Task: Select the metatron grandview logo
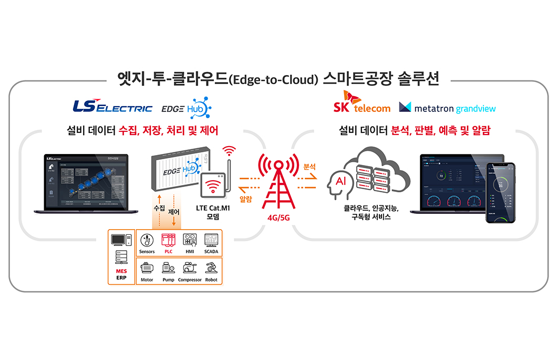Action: point(447,108)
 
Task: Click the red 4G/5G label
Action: point(278,217)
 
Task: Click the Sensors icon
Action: point(147,240)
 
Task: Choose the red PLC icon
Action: point(168,240)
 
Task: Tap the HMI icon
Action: point(190,240)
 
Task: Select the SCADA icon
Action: point(211,240)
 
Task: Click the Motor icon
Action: point(147,268)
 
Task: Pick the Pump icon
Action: point(168,268)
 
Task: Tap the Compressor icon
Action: point(190,268)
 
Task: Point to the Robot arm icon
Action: point(211,268)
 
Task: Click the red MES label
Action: point(121,271)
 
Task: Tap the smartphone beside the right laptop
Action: point(500,192)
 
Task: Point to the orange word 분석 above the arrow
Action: point(310,167)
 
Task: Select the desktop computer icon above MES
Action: point(121,241)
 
